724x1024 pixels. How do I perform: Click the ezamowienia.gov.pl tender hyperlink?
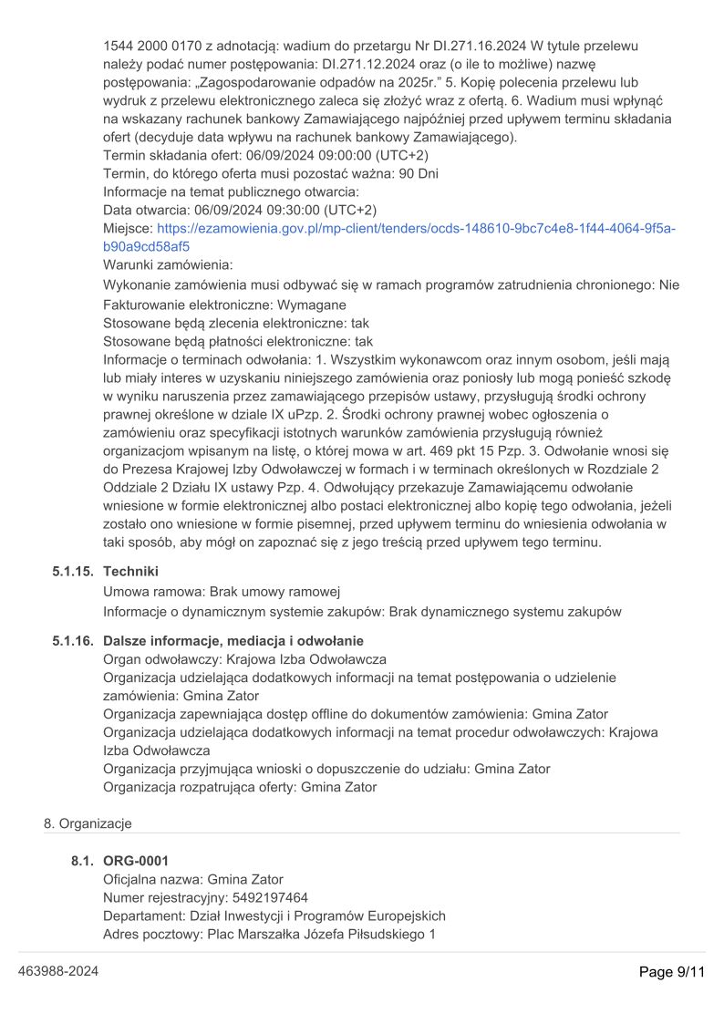tap(389, 237)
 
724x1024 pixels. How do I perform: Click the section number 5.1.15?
tap(73, 571)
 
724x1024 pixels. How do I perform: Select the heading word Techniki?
tap(130, 571)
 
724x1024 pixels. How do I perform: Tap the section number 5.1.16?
tap(73, 640)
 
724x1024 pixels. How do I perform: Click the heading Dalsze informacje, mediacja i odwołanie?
tap(233, 640)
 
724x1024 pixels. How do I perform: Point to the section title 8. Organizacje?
tap(88, 823)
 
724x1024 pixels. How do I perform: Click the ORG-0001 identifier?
tap(136, 861)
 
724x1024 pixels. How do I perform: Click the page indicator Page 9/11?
tap(672, 972)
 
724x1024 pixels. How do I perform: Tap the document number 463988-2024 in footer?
tap(58, 972)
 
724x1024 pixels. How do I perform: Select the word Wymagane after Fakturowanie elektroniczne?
tap(312, 305)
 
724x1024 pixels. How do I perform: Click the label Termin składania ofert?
tap(160, 155)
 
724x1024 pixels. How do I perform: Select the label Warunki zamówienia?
tap(168, 264)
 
